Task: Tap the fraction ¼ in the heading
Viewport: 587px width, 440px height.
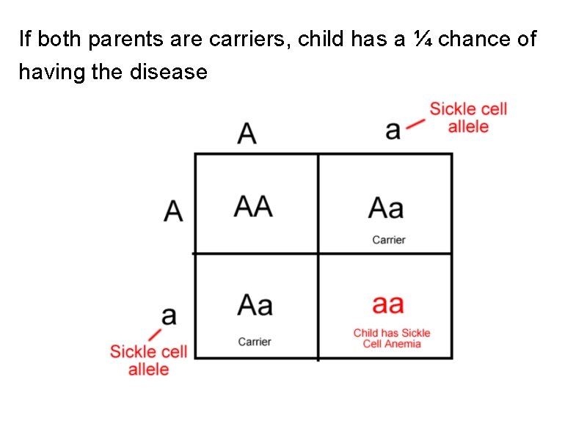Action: pyautogui.click(x=422, y=39)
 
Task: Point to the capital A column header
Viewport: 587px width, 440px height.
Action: pyautogui.click(x=248, y=133)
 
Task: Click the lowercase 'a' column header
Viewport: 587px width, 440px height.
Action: pyautogui.click(x=393, y=131)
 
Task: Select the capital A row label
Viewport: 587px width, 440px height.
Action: pyautogui.click(x=173, y=212)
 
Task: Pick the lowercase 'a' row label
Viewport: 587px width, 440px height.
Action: pyautogui.click(x=169, y=316)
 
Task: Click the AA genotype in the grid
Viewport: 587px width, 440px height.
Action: pyautogui.click(x=253, y=207)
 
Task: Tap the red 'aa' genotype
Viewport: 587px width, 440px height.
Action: pyautogui.click(x=387, y=304)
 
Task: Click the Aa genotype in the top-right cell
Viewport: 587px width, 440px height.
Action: pyautogui.click(x=386, y=209)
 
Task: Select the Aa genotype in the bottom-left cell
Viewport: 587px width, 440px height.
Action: pyautogui.click(x=255, y=304)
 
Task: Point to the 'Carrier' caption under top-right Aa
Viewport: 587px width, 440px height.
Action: pyautogui.click(x=389, y=240)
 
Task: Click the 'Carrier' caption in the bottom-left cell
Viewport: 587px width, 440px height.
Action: pyautogui.click(x=255, y=342)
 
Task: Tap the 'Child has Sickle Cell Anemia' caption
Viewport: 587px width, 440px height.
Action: pyautogui.click(x=392, y=338)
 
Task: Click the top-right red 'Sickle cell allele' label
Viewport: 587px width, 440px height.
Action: pyautogui.click(x=468, y=118)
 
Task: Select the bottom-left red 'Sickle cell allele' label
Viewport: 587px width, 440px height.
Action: pyautogui.click(x=149, y=360)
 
